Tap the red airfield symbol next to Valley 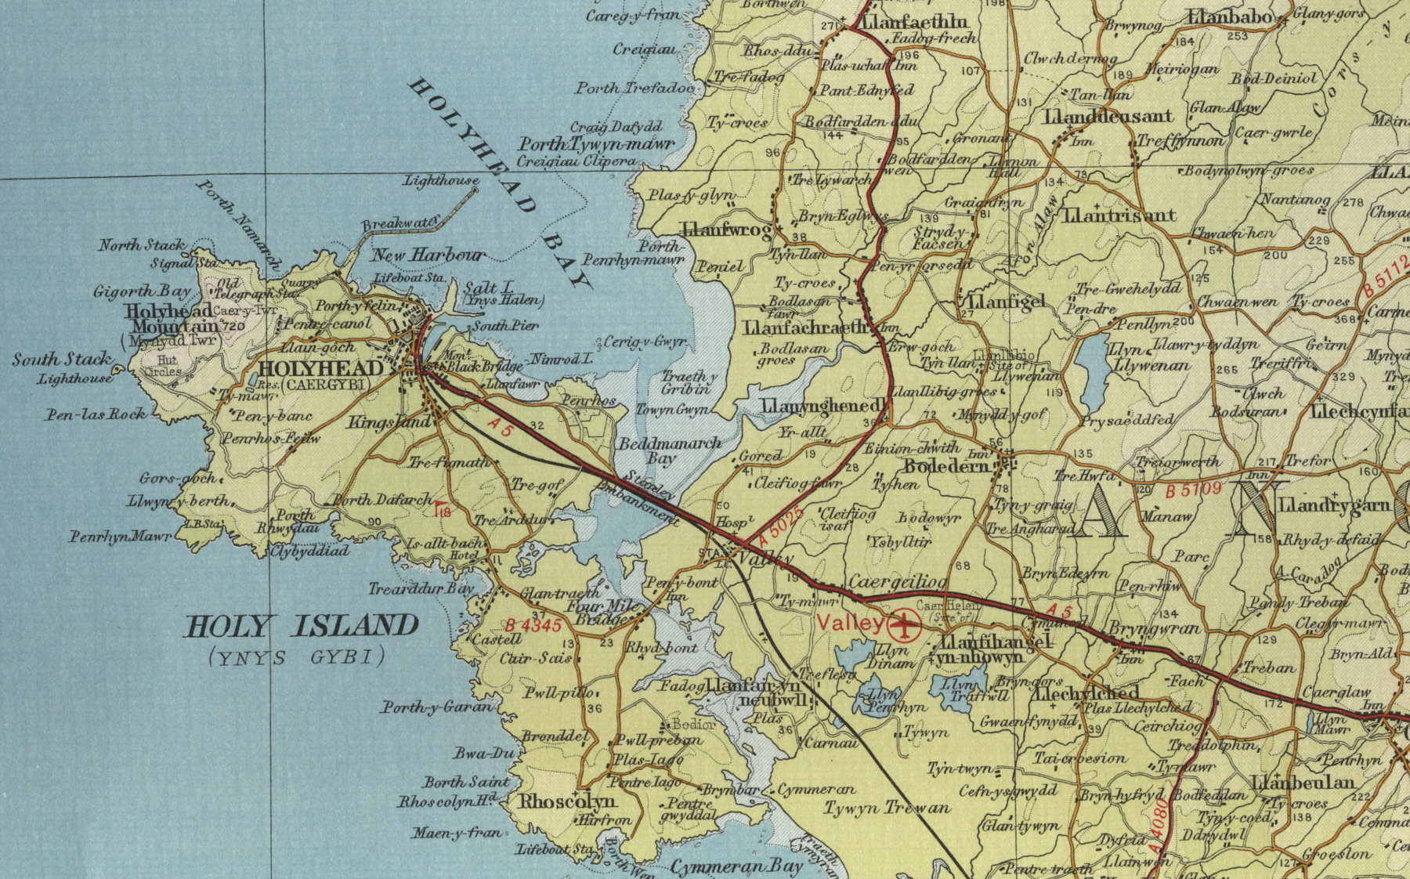pos(904,624)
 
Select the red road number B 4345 pos(533,626)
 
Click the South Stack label pos(62,360)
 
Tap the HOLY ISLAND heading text pos(301,626)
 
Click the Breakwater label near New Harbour pos(397,225)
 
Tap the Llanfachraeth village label pos(807,327)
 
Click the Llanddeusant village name pos(1108,117)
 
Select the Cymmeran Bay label pos(736,866)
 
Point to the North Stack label pos(142,245)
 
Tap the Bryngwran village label pos(1155,629)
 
